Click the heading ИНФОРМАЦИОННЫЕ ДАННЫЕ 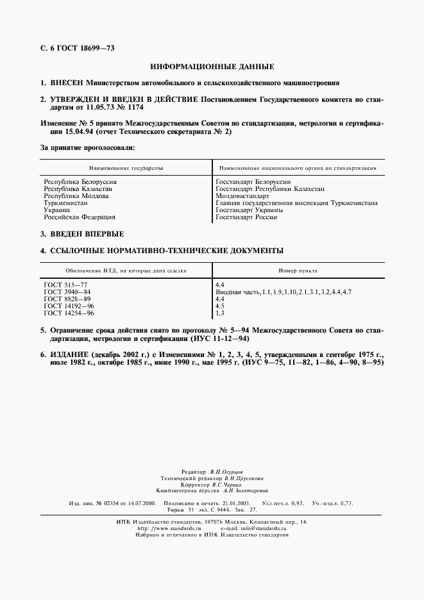click(212, 67)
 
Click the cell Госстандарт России click(247, 217)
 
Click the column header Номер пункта click(296, 271)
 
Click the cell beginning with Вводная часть click(284, 292)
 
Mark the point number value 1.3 click(220, 313)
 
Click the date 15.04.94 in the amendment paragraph click(76, 131)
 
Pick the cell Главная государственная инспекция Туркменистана click(296, 203)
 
